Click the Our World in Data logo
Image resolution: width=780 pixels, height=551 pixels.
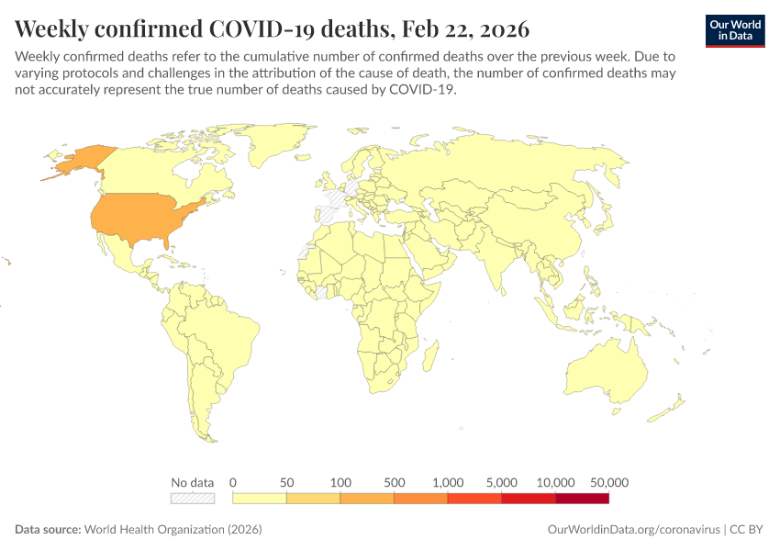(735, 29)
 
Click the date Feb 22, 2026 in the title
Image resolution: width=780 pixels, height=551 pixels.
(462, 28)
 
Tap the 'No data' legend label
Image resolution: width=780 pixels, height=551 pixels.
(192, 482)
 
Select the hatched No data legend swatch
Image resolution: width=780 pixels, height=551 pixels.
(192, 498)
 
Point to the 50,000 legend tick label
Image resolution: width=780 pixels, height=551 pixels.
(608, 482)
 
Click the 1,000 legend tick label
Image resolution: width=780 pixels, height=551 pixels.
(448, 482)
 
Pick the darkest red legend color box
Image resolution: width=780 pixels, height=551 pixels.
(582, 498)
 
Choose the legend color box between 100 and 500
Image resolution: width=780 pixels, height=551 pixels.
(367, 498)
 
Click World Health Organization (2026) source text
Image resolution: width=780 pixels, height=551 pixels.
(173, 530)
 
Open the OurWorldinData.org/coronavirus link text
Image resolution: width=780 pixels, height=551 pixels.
(633, 530)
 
